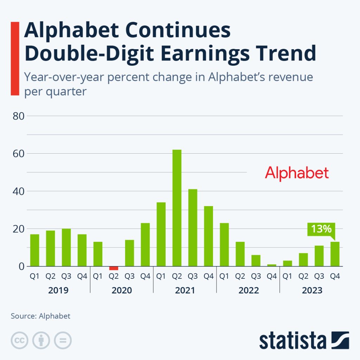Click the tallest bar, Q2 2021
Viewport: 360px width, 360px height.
tap(177, 208)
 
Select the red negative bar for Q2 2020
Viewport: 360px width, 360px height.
tap(114, 268)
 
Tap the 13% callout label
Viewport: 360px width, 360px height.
tap(321, 229)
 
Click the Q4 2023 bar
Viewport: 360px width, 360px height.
tap(335, 254)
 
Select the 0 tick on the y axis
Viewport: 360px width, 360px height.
tap(21, 266)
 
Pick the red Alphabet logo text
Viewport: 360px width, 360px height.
tap(297, 173)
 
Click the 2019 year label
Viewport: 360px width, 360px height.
tap(58, 291)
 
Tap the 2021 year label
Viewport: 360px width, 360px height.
tap(185, 291)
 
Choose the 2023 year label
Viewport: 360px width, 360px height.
tap(311, 291)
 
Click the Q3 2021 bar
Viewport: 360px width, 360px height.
tap(193, 227)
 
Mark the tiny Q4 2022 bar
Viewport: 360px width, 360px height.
tap(271, 265)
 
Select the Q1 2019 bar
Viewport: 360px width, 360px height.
tap(34, 250)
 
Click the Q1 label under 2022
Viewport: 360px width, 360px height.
tap(224, 276)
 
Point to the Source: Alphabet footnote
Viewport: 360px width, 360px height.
tap(40, 316)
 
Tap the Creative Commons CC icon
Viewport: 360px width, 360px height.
tap(20, 340)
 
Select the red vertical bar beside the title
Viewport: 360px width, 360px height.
tap(15, 58)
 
